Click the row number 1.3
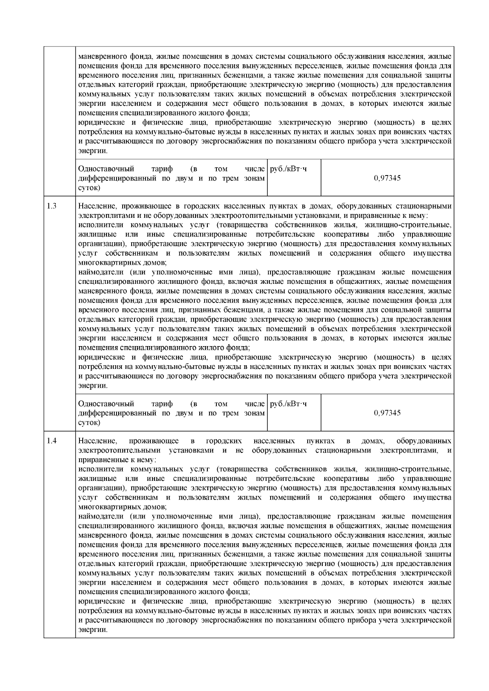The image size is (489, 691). (52, 206)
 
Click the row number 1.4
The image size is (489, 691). (52, 441)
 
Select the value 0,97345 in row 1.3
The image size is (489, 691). (387, 413)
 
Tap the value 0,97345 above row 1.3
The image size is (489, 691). (387, 178)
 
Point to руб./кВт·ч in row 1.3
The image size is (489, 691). (289, 404)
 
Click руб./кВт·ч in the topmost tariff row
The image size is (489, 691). (289, 169)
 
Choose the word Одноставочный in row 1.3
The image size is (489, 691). (106, 404)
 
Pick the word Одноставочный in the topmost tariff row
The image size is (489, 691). (106, 169)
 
